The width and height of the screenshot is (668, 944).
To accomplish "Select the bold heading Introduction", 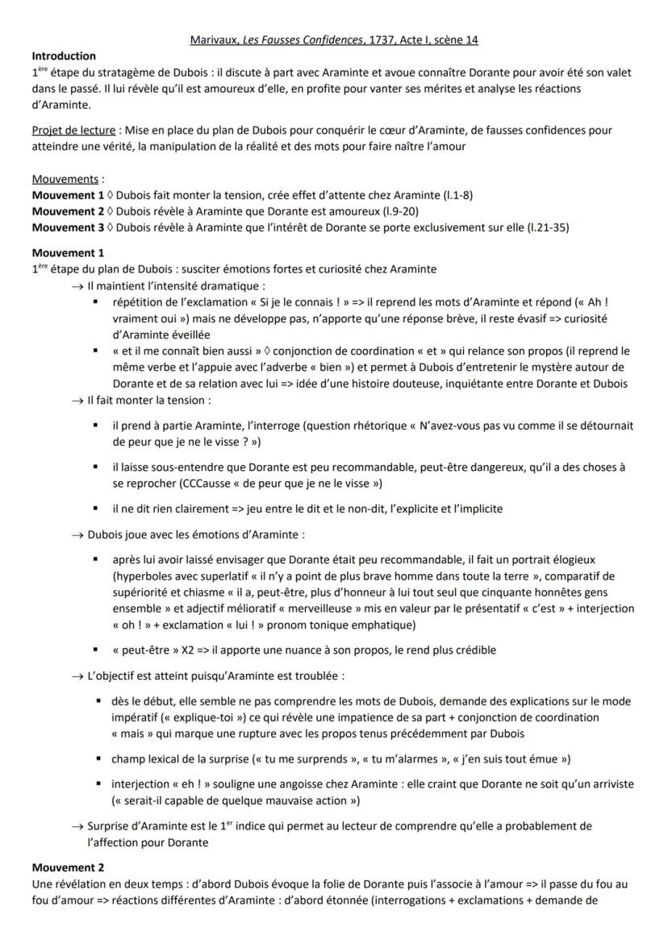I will click(x=64, y=56).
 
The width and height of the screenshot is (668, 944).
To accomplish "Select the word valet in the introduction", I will click(x=618, y=73).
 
